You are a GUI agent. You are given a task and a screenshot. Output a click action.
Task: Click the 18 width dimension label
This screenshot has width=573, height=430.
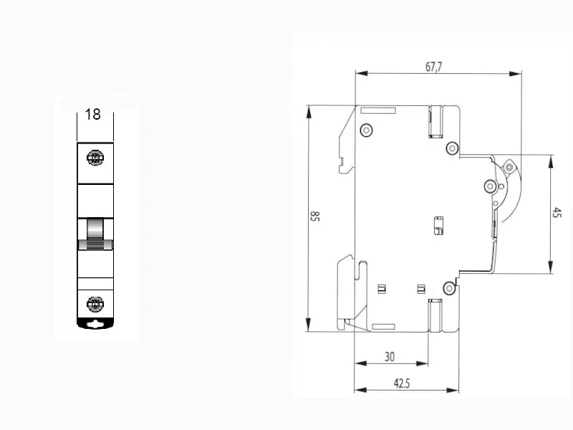[x=93, y=114]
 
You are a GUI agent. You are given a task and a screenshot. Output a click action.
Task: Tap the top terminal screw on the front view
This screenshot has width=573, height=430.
[x=95, y=158]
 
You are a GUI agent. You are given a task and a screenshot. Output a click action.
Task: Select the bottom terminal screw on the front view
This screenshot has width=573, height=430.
[x=95, y=304]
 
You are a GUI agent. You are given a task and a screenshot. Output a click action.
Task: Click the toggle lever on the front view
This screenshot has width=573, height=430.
[x=95, y=234]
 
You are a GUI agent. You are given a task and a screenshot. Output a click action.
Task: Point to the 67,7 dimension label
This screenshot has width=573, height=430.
[x=434, y=67]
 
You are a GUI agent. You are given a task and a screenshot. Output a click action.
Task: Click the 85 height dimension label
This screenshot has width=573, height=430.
[x=314, y=216]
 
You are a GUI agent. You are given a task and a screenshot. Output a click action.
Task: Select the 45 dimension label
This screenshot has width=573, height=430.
[x=557, y=212]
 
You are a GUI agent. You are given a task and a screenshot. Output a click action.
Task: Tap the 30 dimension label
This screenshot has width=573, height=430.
[x=390, y=356]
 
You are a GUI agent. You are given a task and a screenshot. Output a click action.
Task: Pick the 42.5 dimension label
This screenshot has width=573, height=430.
[x=402, y=383]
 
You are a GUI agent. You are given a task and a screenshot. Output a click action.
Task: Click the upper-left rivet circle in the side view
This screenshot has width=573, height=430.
[x=366, y=130]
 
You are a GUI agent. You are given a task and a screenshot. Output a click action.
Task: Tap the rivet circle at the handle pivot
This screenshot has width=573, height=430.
[x=490, y=186]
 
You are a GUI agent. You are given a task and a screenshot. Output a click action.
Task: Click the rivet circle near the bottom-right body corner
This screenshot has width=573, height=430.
[x=449, y=288]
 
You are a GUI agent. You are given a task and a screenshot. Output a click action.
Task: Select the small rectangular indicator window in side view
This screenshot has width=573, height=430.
[x=438, y=226]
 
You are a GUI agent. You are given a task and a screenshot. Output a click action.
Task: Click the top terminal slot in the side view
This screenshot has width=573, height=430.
[x=435, y=122]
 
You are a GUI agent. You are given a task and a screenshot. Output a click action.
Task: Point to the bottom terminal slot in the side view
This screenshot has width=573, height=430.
[x=435, y=315]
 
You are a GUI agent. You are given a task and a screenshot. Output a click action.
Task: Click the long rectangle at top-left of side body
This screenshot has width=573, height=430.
[x=378, y=110]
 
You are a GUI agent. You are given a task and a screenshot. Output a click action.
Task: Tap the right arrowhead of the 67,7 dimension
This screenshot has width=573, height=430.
[x=515, y=74]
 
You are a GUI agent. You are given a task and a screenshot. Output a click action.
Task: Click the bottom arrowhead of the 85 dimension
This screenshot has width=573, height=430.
[x=309, y=325]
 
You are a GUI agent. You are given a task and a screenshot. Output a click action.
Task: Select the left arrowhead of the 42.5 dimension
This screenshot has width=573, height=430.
[x=361, y=390]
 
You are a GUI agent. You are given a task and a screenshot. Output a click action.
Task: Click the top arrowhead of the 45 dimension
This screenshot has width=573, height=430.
[x=551, y=161]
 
